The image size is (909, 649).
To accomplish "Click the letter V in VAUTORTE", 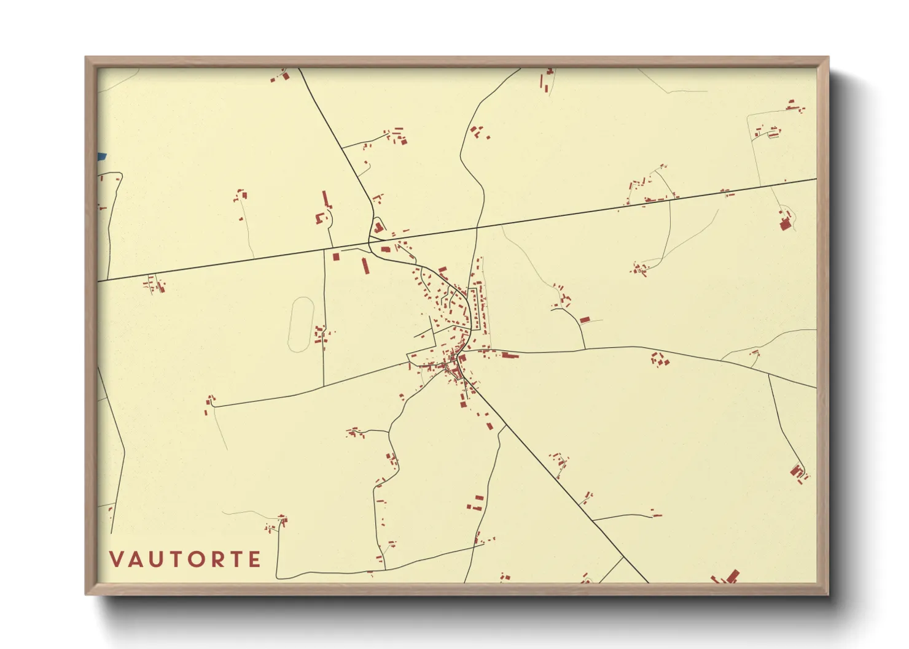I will tap(117, 559).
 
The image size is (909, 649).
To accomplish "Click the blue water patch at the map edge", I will tap(101, 157).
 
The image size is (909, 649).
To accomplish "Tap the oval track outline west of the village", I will tap(301, 324).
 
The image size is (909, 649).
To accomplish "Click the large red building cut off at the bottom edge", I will tap(731, 577).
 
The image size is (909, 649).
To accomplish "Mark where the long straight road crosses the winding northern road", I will tap(477, 228).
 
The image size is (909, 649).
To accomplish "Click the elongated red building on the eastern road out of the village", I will tap(510, 355).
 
